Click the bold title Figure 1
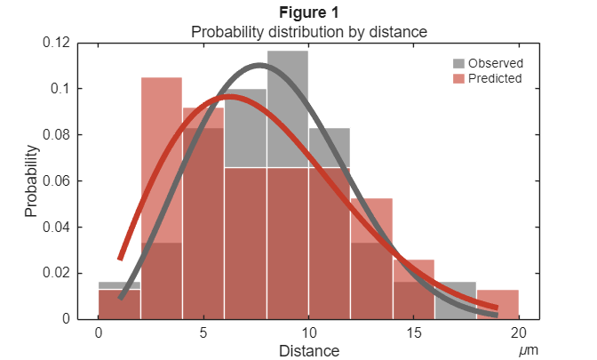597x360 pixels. (309, 12)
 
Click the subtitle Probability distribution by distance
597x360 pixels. (309, 31)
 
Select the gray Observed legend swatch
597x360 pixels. (458, 64)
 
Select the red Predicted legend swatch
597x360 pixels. (458, 78)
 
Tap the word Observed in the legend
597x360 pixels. (495, 64)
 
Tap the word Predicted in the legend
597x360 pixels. (495, 78)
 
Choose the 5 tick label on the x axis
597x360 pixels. (203, 332)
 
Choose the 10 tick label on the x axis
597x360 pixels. (308, 332)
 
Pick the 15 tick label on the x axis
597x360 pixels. (413, 332)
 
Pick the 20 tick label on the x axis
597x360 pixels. (518, 332)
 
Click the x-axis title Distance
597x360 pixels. (309, 350)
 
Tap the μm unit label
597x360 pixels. (529, 350)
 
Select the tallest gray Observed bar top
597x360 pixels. (287, 52)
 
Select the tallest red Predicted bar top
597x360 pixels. (162, 78)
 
